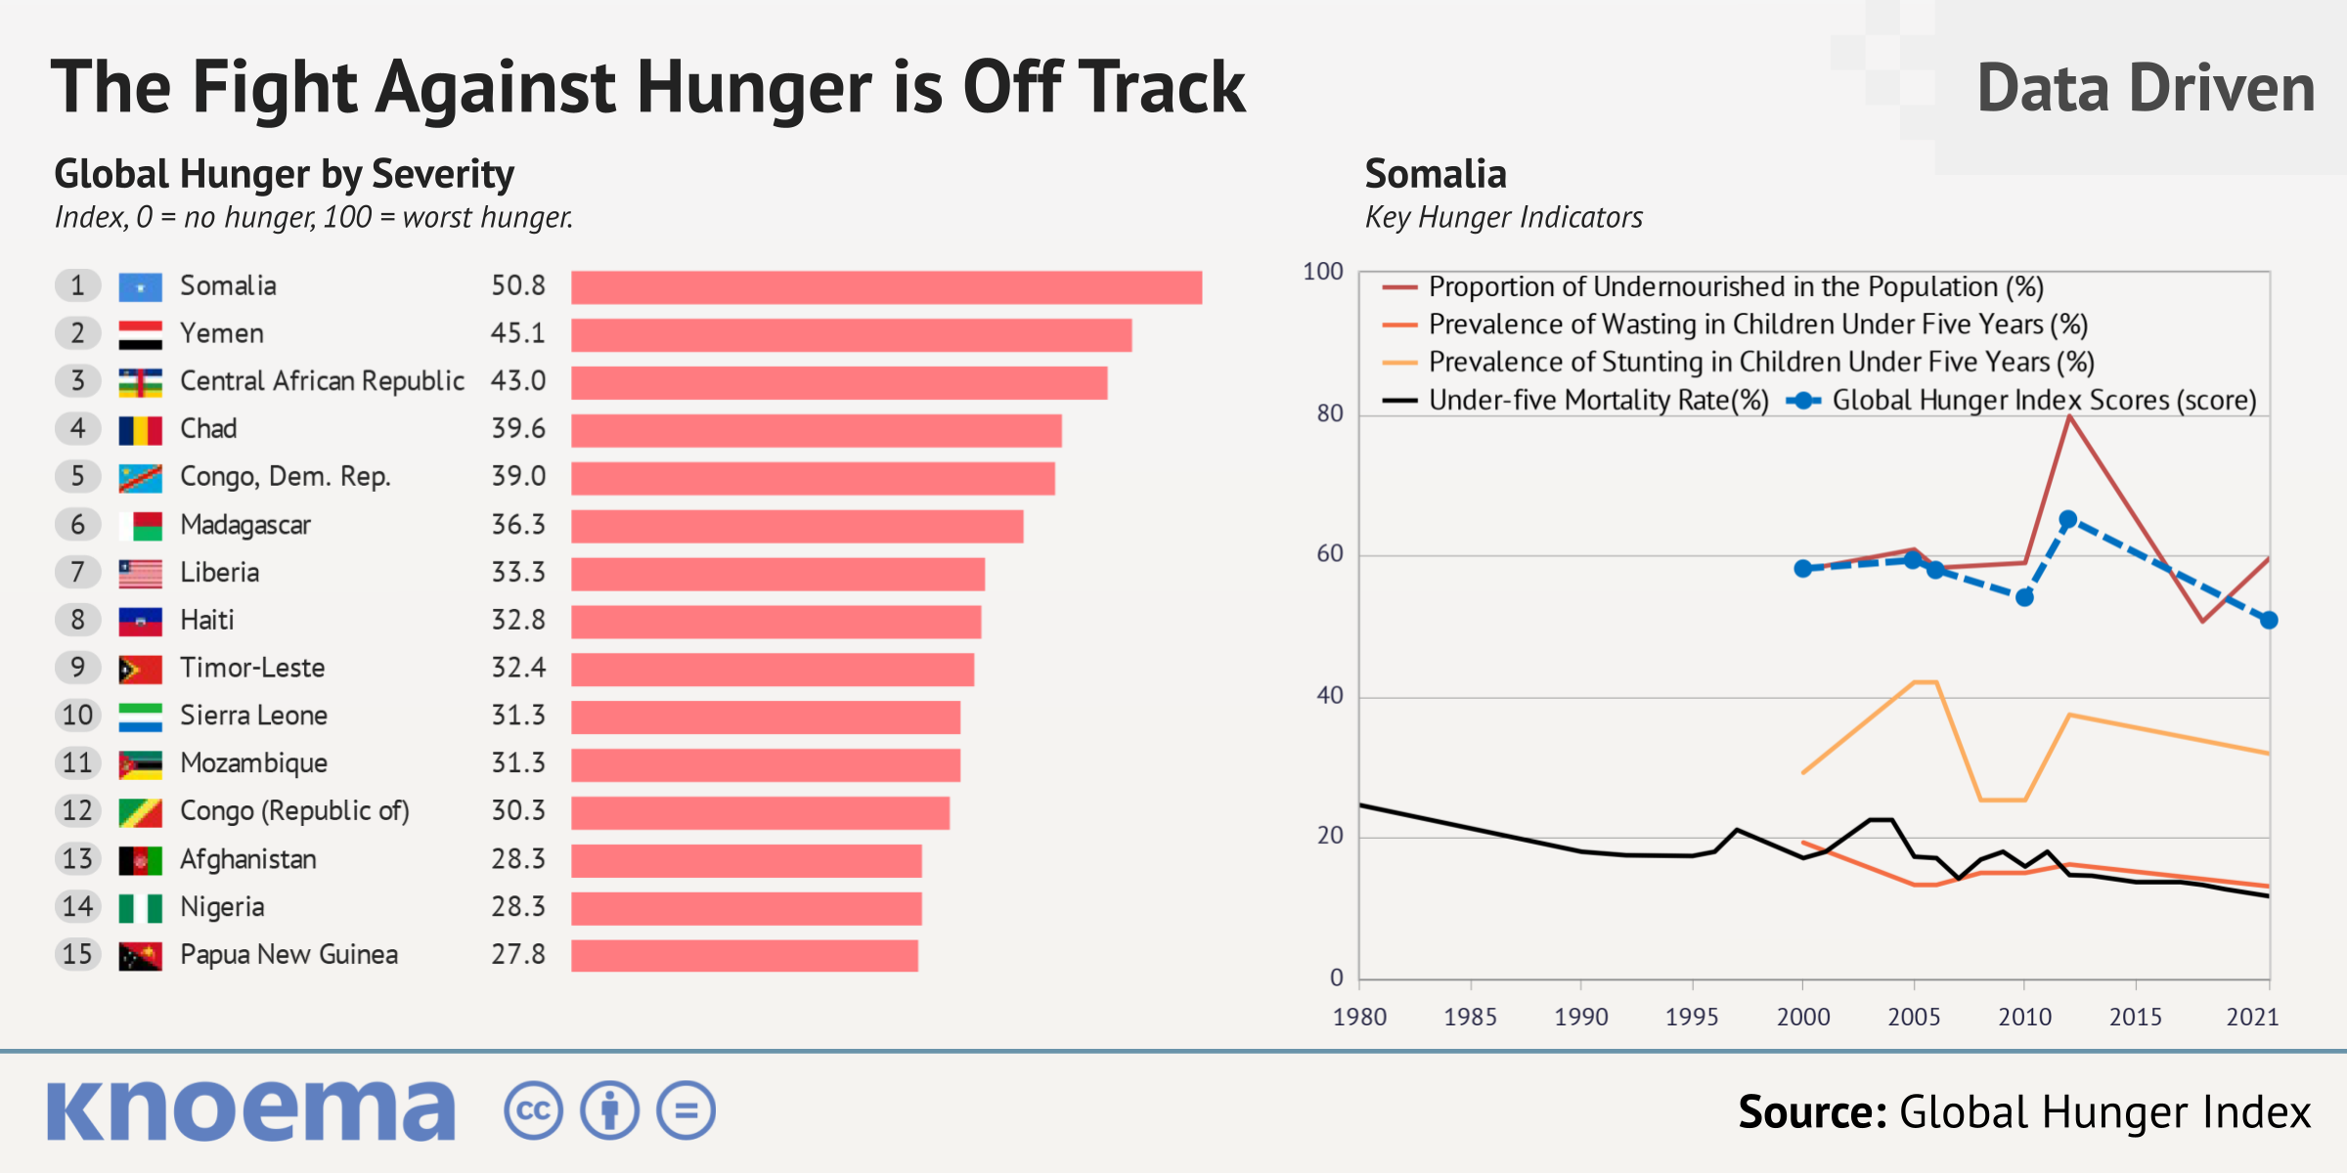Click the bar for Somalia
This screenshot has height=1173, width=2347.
(886, 287)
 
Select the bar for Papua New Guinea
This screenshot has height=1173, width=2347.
(744, 956)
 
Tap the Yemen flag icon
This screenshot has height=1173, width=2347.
(140, 334)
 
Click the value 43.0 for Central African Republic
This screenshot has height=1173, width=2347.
(517, 381)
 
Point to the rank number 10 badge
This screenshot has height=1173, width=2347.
(77, 716)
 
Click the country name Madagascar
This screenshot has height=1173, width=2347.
(245, 526)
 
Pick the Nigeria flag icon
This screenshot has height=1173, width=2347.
(140, 908)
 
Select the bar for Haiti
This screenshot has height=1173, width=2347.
(775, 622)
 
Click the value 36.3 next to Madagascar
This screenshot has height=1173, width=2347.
(517, 526)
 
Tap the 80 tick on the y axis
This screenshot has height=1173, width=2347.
(1329, 413)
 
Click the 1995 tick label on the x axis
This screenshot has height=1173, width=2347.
(1692, 1018)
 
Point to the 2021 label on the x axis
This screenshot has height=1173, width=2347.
(2252, 1018)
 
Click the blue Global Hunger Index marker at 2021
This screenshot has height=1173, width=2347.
(2269, 620)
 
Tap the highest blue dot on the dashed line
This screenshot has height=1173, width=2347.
(2067, 520)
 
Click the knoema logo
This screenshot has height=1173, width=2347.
(251, 1110)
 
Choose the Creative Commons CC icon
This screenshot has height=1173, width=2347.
(533, 1111)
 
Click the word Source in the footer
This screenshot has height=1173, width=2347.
(1811, 1112)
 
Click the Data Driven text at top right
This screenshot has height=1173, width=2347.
(2146, 88)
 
